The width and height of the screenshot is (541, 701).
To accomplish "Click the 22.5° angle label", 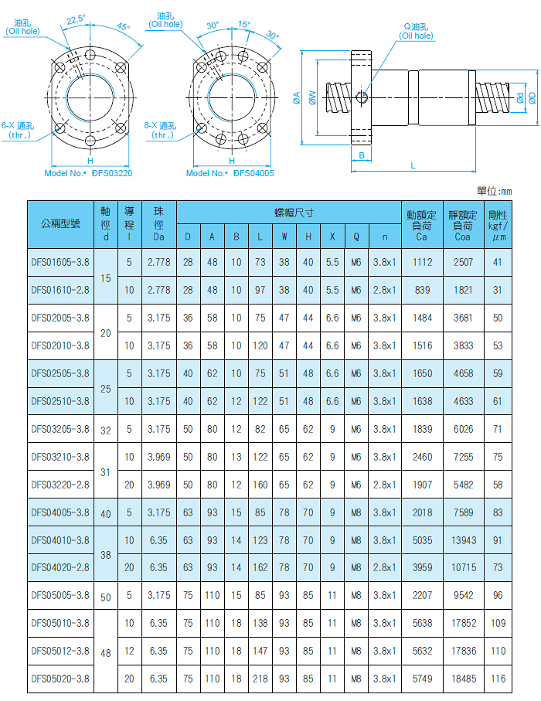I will click(x=75, y=19).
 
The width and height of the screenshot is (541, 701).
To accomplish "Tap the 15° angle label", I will click(x=243, y=24).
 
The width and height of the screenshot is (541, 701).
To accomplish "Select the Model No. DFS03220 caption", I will click(x=89, y=173).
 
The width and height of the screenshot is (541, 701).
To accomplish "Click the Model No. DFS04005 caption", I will click(x=230, y=173).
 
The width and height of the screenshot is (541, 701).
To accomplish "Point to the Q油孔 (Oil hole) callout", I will click(x=417, y=31).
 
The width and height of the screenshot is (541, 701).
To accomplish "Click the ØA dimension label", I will click(x=297, y=98).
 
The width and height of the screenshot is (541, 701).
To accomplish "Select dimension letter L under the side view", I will click(x=413, y=165).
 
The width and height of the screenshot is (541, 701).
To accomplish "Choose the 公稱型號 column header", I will click(x=60, y=224).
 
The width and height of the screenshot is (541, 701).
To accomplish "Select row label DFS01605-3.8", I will click(x=60, y=262).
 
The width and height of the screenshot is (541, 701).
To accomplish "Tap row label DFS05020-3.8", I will click(x=60, y=679).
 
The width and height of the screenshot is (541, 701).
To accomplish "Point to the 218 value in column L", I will click(x=260, y=679).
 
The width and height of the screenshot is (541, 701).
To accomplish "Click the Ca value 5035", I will click(x=422, y=539).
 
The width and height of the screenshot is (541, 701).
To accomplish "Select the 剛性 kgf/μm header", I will click(x=497, y=224).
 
